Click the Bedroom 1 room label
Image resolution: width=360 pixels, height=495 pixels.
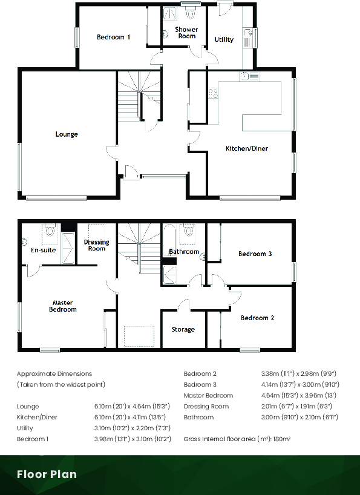pos(114,38)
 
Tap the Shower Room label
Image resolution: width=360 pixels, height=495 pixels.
pos(186,33)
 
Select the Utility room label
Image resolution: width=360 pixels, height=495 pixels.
pos(224,40)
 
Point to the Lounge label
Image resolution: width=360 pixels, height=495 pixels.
pos(67,134)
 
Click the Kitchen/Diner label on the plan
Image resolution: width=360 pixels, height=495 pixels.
pos(247,148)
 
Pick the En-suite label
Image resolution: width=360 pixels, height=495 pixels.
pos(44,249)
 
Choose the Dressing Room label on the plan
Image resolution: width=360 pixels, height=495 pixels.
pos(97,245)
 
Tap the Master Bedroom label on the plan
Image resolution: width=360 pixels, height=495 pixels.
pos(64,306)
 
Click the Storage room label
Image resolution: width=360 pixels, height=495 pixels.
pos(183,330)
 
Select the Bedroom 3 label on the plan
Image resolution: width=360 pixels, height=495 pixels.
pos(255,254)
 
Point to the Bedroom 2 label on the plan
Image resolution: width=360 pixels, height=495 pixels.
pos(258,318)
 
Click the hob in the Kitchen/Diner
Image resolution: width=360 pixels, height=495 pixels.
pos(213,93)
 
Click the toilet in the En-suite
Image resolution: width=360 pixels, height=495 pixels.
pos(50,231)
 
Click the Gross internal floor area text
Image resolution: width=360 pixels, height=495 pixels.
pos(237,438)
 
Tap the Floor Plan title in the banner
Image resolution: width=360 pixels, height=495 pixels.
pos(47,474)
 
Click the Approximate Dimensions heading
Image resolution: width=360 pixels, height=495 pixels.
pos(54,374)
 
